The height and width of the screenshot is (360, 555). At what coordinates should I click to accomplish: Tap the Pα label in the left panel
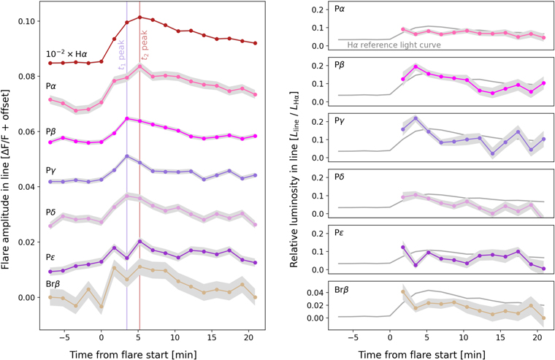click(x=53, y=86)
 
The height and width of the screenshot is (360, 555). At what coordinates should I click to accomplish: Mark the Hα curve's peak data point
click(x=139, y=17)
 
